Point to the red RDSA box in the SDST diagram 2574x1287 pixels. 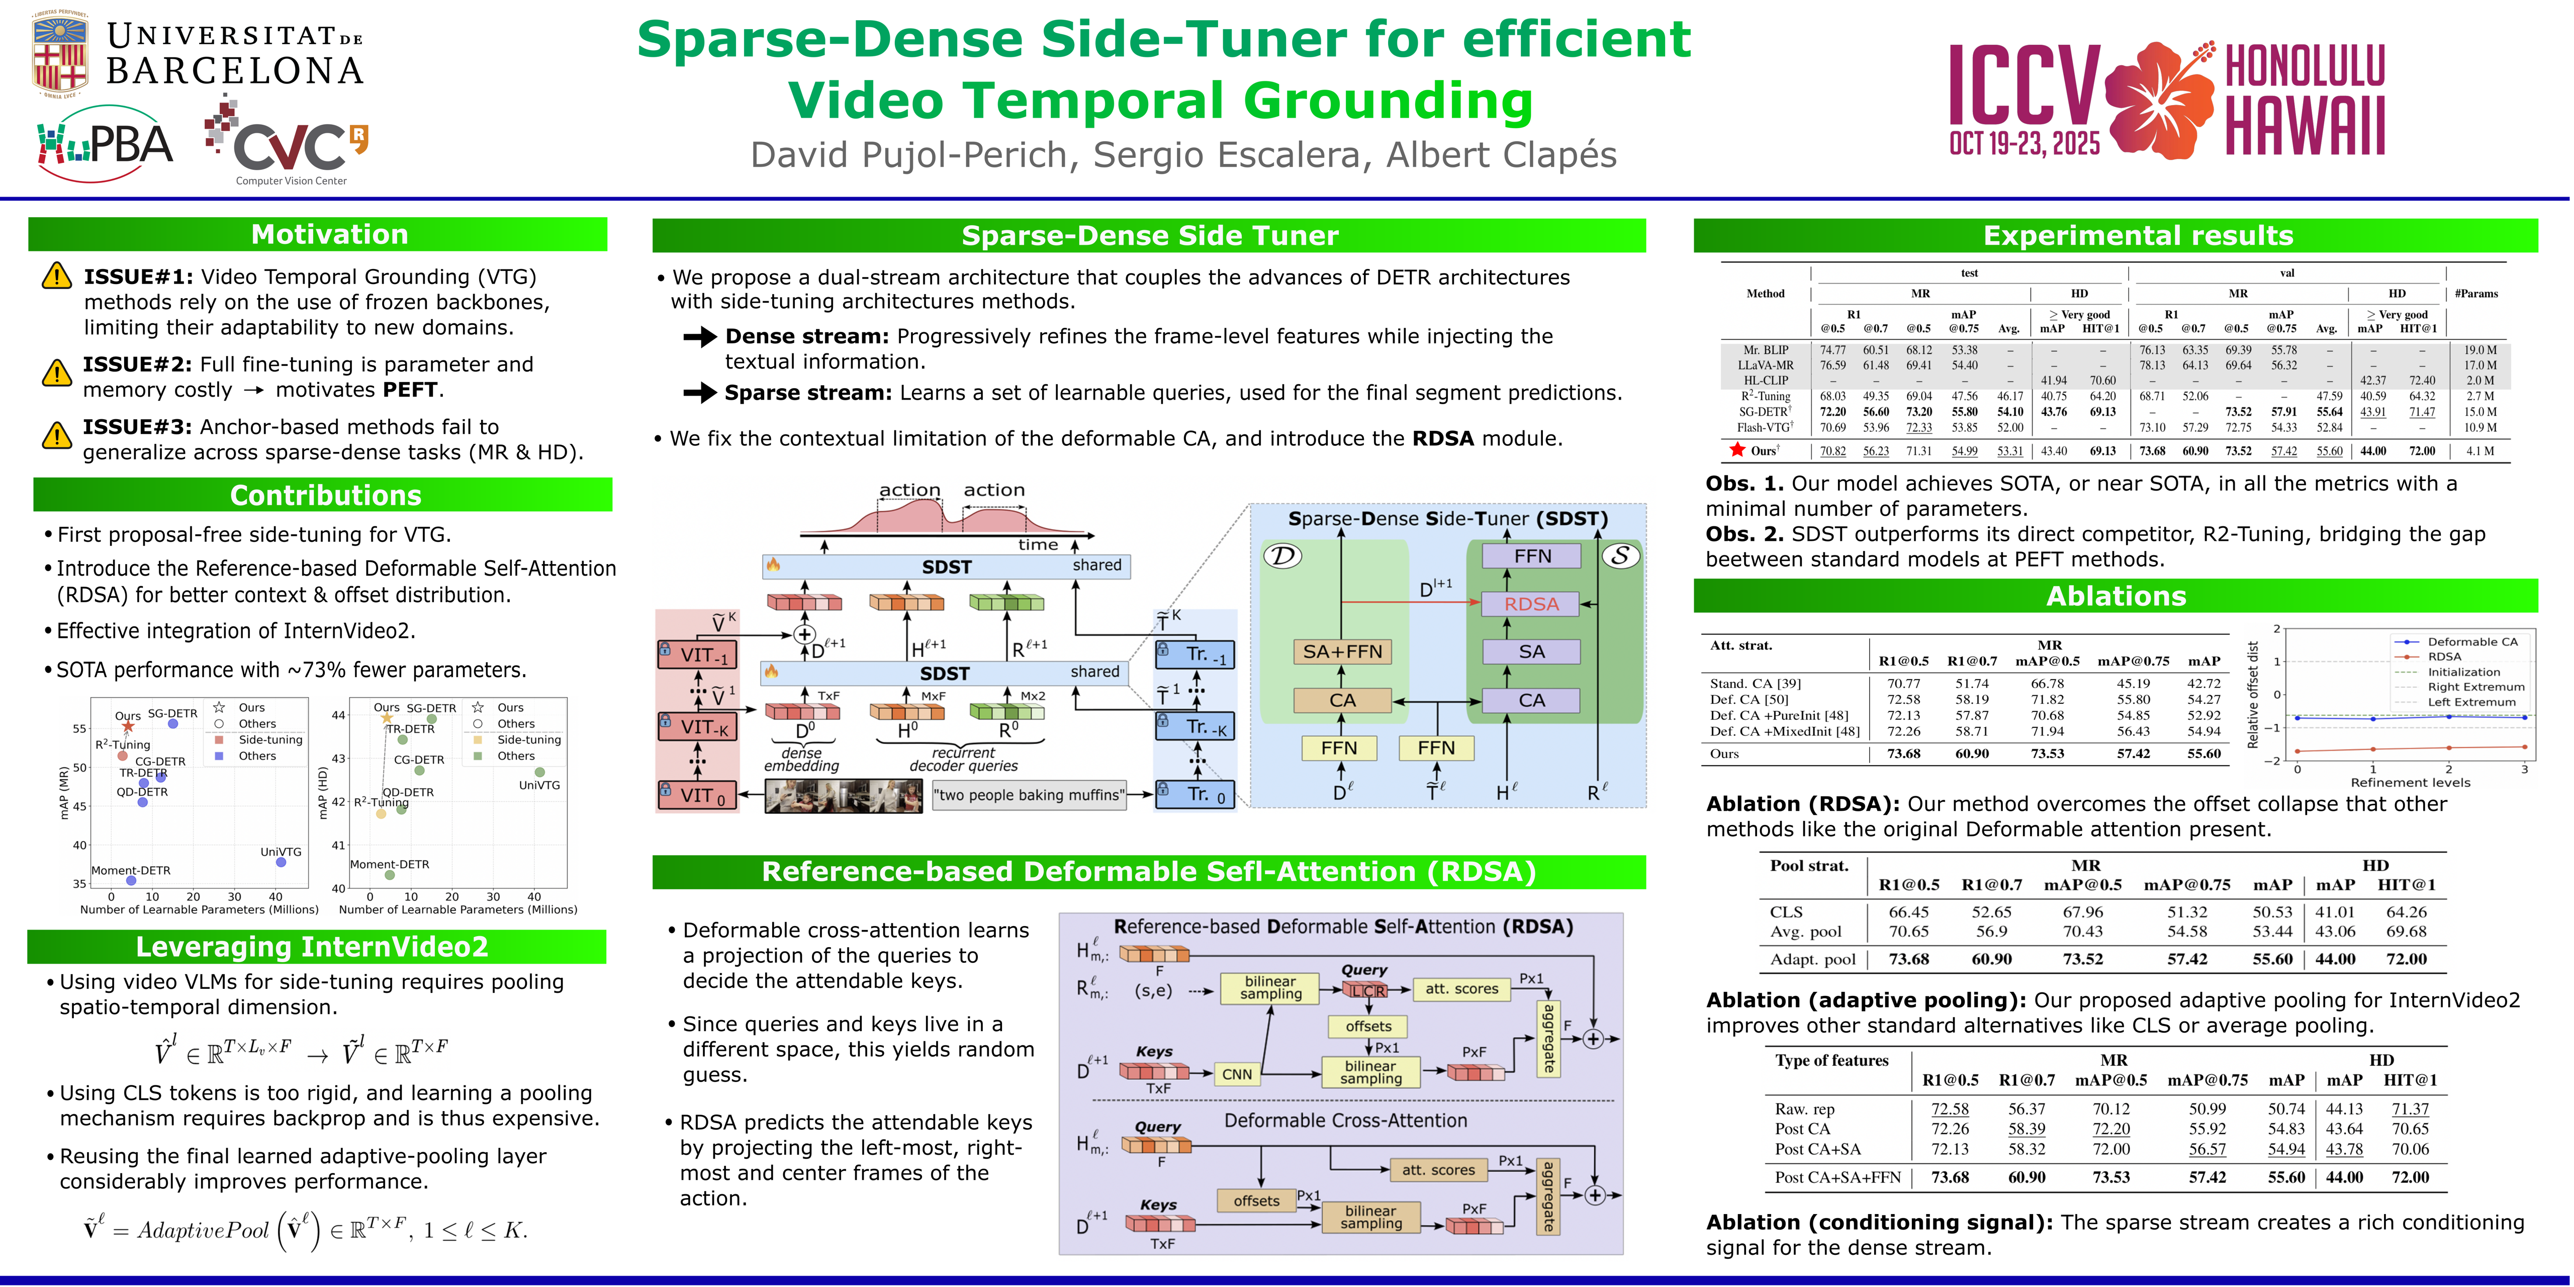pyautogui.click(x=1531, y=603)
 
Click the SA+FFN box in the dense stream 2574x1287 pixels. pyautogui.click(x=1342, y=652)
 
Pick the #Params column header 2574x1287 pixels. pyautogui.click(x=2475, y=294)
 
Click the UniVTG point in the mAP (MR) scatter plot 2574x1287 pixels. pyautogui.click(x=281, y=861)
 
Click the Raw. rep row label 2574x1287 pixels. pyautogui.click(x=1805, y=1109)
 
